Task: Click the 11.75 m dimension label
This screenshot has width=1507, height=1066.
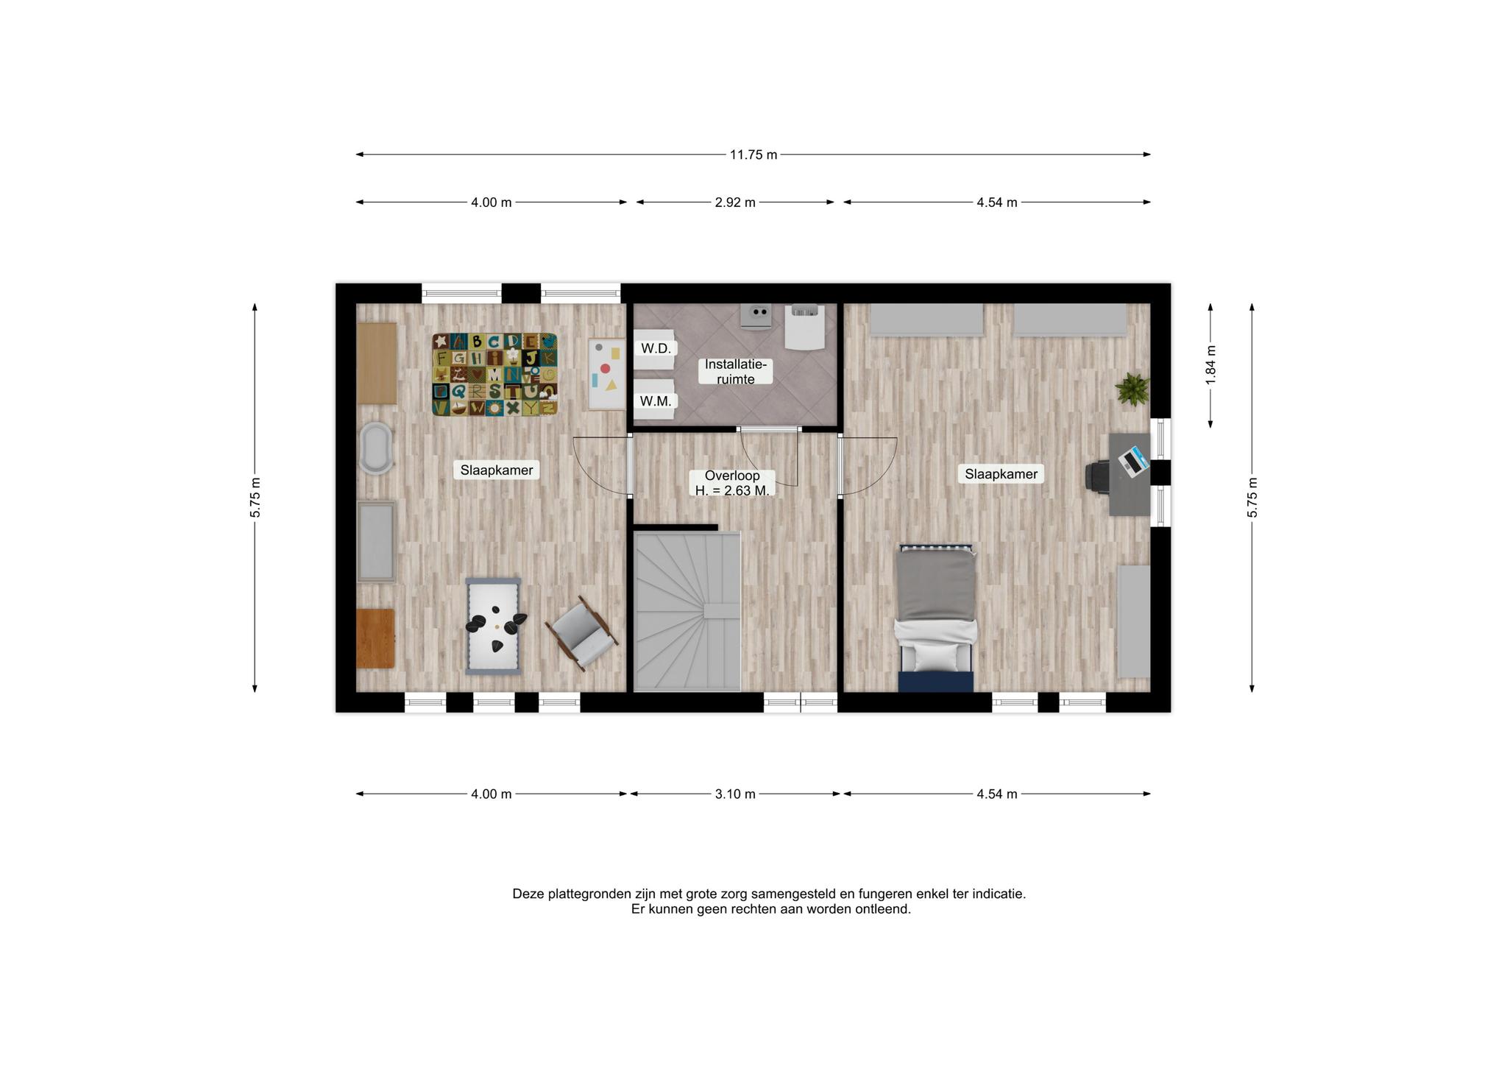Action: pos(753,155)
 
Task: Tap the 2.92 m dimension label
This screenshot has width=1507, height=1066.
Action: pos(735,202)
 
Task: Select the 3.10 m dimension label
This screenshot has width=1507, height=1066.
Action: pos(735,794)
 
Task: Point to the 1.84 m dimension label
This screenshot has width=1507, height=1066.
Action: pos(1210,364)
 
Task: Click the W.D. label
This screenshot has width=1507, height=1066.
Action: pos(656,348)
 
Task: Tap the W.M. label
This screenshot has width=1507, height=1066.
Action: pos(655,401)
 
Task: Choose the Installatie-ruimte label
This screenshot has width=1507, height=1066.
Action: pos(735,372)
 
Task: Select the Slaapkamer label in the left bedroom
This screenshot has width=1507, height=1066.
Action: pos(497,470)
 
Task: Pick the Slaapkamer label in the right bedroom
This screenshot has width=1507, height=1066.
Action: pos(1001,474)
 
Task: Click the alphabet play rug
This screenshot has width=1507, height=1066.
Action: pos(494,374)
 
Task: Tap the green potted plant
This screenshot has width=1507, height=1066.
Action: pos(1132,389)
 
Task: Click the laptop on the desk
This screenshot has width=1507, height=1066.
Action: pos(1133,461)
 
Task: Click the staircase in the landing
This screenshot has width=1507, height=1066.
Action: pos(687,612)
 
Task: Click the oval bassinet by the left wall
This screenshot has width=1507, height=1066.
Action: pos(375,448)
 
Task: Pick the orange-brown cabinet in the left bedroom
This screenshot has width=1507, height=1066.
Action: pos(375,638)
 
